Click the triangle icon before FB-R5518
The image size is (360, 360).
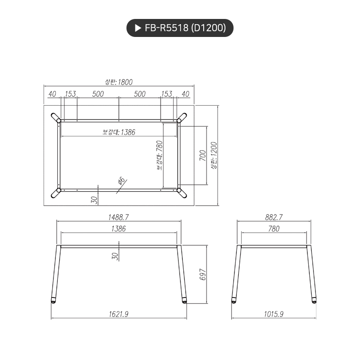pyautogui.click(x=138, y=28)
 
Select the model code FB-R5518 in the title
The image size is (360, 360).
pyautogui.click(x=166, y=28)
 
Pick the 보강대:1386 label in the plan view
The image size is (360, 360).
pyautogui.click(x=119, y=132)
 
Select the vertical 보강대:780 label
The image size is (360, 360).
pyautogui.click(x=159, y=154)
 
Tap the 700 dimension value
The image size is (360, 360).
pyautogui.click(x=202, y=155)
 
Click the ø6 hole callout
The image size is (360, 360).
pyautogui.click(x=121, y=180)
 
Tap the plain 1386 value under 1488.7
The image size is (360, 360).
pyautogui.click(x=118, y=228)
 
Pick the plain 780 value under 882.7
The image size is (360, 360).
pyautogui.click(x=274, y=228)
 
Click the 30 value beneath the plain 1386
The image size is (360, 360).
pyautogui.click(x=115, y=256)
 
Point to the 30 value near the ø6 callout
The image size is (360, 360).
pyautogui.click(x=94, y=200)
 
